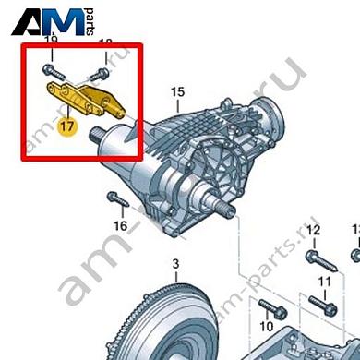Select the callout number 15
click(177, 90)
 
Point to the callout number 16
click(120, 224)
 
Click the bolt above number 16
click(115, 200)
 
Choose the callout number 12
click(313, 229)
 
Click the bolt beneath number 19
click(52, 68)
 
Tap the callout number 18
click(104, 43)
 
